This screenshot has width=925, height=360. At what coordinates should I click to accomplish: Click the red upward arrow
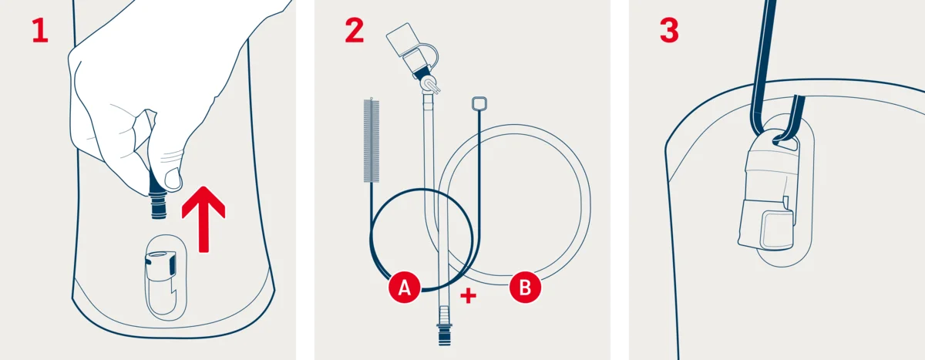click(203, 218)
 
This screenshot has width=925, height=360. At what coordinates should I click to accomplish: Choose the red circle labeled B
click(525, 288)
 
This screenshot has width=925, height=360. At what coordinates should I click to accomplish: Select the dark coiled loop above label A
click(421, 231)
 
